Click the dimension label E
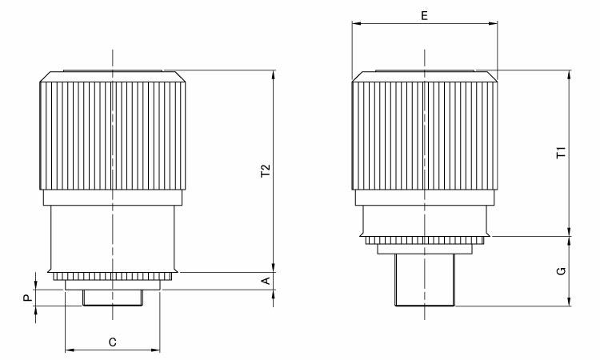tap(424, 16)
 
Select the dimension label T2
tap(266, 170)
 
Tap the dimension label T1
tap(561, 153)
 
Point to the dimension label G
tap(561, 271)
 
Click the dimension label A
tap(266, 281)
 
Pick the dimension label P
tap(27, 298)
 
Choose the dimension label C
tap(112, 342)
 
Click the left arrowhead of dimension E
tap(357, 23)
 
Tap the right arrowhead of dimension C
tap(155, 350)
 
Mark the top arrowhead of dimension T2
tap(274, 75)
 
